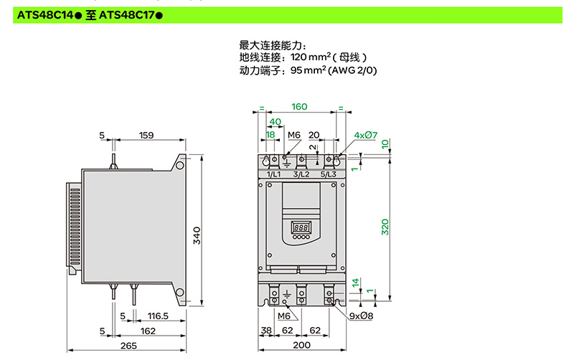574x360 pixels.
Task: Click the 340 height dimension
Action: coord(197,235)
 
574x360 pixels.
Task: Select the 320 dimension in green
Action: coord(385,227)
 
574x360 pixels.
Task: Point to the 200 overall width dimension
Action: coord(301,346)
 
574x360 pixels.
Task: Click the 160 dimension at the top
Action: coord(299,107)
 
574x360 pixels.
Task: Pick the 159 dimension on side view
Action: coord(146,135)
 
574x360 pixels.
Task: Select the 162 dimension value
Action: coord(148,331)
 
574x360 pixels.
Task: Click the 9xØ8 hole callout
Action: coord(361,316)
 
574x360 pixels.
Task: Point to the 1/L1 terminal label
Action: coord(273,174)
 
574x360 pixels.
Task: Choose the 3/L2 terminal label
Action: coord(301,174)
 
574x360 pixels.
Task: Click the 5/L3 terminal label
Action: coord(329,174)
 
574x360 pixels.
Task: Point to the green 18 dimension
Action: coord(270,135)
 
